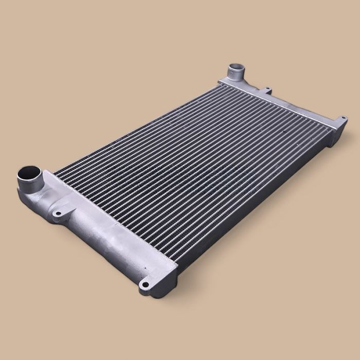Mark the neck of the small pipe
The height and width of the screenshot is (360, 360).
pos(235,76)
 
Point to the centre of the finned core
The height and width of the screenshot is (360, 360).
pos(195,170)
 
